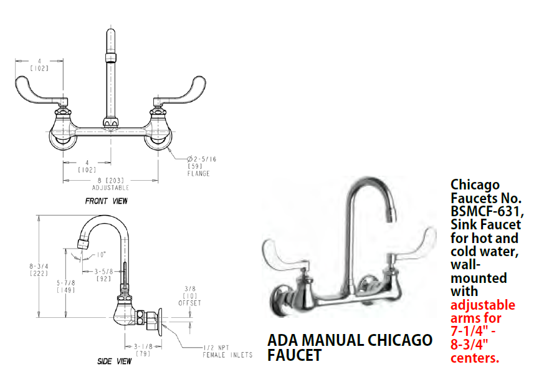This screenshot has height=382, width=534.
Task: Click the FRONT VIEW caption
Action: coord(106,201)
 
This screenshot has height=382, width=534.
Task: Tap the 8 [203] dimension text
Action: coord(110,180)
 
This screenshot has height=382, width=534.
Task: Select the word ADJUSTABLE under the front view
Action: coord(110,187)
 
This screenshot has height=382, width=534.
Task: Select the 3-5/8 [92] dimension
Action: coord(103,275)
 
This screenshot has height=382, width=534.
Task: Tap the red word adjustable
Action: coord(483,305)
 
